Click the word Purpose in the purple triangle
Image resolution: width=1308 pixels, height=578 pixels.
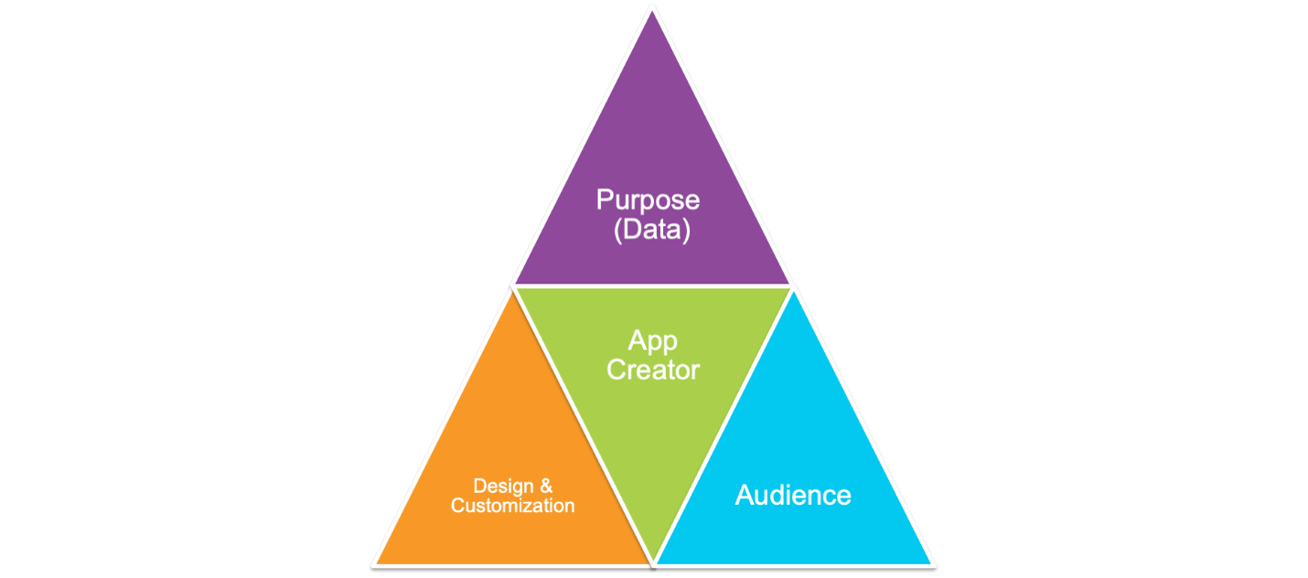pos(648,201)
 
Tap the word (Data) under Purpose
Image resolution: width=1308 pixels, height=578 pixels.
pos(651,230)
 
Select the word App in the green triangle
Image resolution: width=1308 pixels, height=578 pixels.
pos(652,341)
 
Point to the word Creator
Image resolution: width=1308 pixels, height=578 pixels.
pos(652,370)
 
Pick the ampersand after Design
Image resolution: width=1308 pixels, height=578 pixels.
pos(546,486)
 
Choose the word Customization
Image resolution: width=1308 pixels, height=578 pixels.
pos(513,506)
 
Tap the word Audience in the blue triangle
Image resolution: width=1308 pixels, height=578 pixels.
pos(793,496)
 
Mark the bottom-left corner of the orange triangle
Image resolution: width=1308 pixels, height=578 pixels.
pos(375,562)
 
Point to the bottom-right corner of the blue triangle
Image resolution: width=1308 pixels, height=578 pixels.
pos(932,562)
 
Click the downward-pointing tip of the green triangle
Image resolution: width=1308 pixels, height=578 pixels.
pos(653,560)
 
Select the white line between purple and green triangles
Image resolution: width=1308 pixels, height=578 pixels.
pos(652,285)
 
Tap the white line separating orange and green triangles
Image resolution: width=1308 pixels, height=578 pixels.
pos(583,423)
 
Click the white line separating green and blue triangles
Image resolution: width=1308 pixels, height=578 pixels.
pos(723,423)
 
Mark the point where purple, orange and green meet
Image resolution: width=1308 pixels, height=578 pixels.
pos(513,286)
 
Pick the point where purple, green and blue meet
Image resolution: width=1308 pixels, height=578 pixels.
pos(792,286)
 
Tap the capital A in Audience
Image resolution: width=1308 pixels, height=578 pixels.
pos(745,496)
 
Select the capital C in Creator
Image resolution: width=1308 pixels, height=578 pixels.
pos(616,370)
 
